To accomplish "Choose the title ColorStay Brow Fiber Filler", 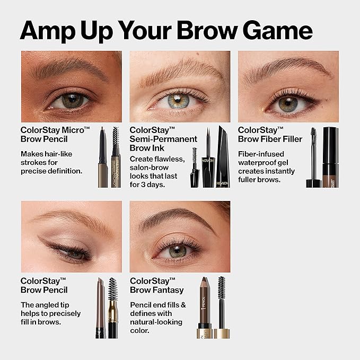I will pos(270,135).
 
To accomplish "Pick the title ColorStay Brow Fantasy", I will pos(156,285).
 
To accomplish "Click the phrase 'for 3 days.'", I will pos(150,185).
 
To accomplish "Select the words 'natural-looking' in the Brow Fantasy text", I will pos(156,322).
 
